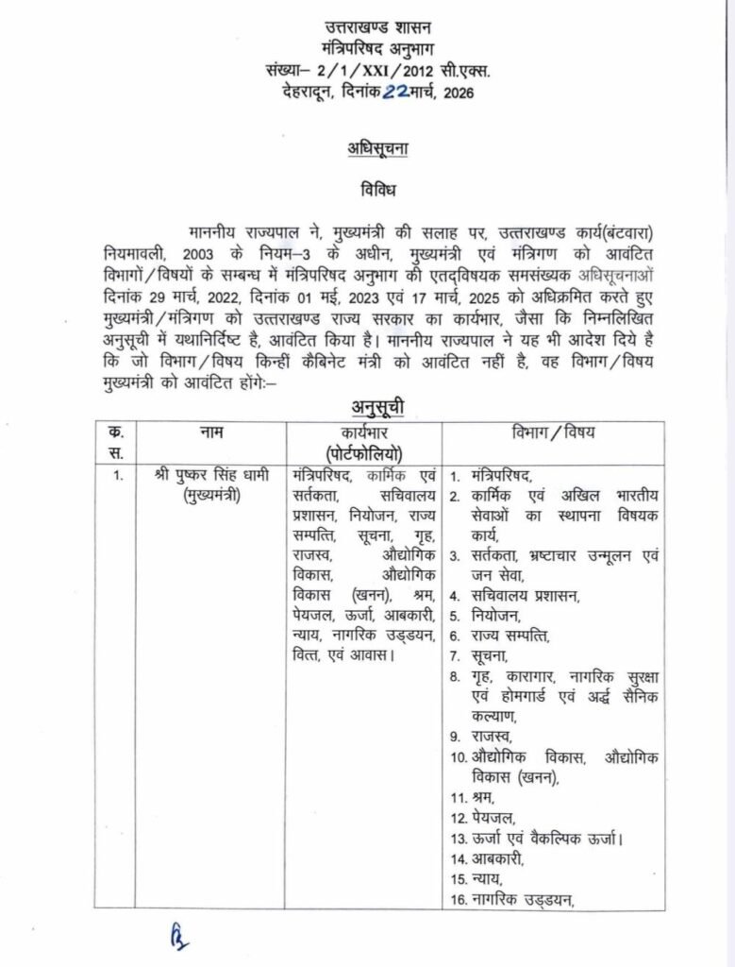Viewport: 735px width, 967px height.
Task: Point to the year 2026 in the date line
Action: (454, 92)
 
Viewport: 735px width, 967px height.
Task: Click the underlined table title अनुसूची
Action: (367, 408)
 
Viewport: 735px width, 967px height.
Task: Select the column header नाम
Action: (211, 432)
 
